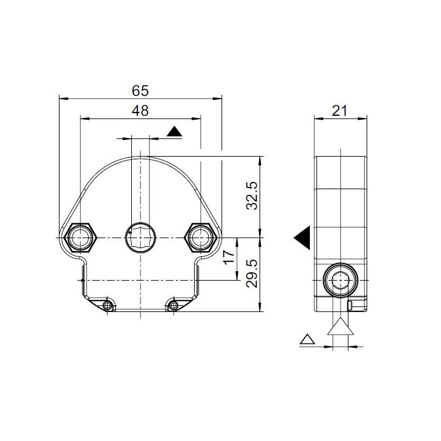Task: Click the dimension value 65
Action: [141, 90]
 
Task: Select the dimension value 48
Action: [141, 110]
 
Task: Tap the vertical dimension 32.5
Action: [251, 196]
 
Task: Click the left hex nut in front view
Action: [80, 238]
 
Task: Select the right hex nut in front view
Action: [200, 238]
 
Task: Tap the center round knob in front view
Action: [141, 238]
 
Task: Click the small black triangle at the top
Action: [174, 132]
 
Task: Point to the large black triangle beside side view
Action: [303, 238]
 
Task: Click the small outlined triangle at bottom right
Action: [306, 339]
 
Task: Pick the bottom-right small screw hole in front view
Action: [174, 304]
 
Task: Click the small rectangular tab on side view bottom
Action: [350, 306]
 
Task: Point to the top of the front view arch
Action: [141, 157]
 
